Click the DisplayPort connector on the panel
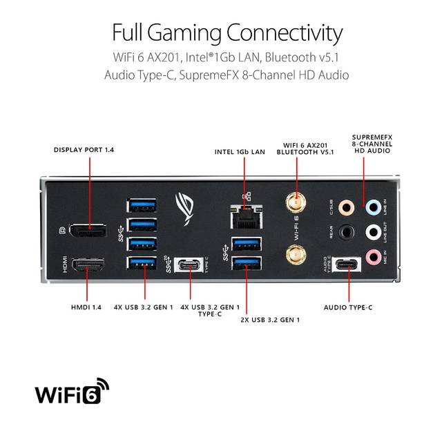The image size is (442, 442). pos(88,230)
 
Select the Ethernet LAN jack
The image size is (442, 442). pos(247,217)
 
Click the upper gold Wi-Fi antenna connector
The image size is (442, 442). pos(296,202)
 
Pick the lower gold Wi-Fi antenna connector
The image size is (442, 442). pos(296,255)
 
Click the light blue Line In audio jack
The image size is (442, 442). pos(373,208)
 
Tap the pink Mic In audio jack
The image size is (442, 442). pos(373,257)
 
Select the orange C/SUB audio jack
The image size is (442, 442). pos(346,208)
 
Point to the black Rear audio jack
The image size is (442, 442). pos(346,232)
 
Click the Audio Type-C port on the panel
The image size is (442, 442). pos(347,265)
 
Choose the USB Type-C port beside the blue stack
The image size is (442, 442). pos(189,265)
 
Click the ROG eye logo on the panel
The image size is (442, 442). pos(184,209)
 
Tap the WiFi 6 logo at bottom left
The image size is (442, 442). pos(72,391)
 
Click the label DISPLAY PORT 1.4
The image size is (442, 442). pos(84,150)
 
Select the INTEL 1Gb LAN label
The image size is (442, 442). pos(240,152)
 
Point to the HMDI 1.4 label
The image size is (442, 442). pos(86,307)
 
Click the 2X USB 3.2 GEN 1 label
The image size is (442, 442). pos(270,320)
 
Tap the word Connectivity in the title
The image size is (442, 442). pos(285,33)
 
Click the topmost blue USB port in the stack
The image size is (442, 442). pos(142,205)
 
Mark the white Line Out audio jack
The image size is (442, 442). pos(373,232)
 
